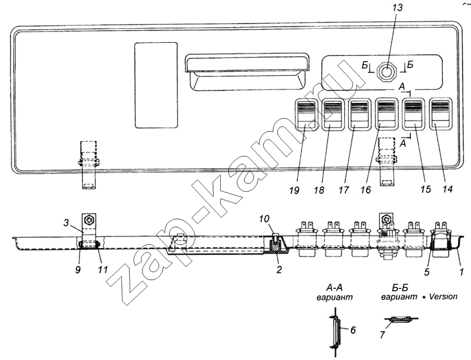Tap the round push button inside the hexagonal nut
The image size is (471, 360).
tap(387, 71)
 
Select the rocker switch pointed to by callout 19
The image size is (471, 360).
tap(306, 114)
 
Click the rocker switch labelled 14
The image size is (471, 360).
tap(441, 114)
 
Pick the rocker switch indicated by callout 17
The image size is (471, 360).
tap(360, 114)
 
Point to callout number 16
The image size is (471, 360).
tap(366, 189)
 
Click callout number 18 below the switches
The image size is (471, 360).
tap(320, 189)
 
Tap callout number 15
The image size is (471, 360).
tap(426, 189)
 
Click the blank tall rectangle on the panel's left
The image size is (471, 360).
tap(156, 85)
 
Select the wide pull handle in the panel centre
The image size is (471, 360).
tap(247, 72)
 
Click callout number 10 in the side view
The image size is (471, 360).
tap(264, 219)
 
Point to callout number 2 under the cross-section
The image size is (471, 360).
tap(279, 269)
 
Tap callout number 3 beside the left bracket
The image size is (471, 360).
tap(66, 223)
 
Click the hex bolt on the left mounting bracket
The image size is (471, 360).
tap(89, 220)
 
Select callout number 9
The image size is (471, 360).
tap(78, 269)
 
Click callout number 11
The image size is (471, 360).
tap(102, 269)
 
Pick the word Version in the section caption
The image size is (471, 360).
tap(443, 296)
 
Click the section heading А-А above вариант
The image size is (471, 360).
tap(334, 288)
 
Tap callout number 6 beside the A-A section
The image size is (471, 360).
tap(353, 330)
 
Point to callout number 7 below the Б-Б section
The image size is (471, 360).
tap(382, 335)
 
